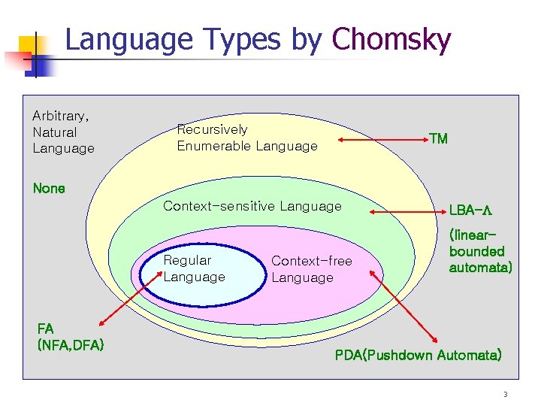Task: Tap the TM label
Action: pyautogui.click(x=438, y=138)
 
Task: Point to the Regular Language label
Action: pyautogui.click(x=194, y=268)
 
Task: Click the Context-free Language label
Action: pyautogui.click(x=311, y=269)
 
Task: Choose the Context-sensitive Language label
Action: pyautogui.click(x=252, y=206)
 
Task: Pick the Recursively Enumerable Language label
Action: pyautogui.click(x=246, y=138)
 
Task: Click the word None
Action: pyautogui.click(x=49, y=188)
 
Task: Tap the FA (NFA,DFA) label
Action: pyautogui.click(x=70, y=336)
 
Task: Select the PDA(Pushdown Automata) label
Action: pyautogui.click(x=418, y=354)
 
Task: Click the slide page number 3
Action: pyautogui.click(x=506, y=394)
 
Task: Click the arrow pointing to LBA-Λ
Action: pyautogui.click(x=406, y=214)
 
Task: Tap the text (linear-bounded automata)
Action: pyautogui.click(x=480, y=251)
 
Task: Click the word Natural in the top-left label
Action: pyautogui.click(x=54, y=132)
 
